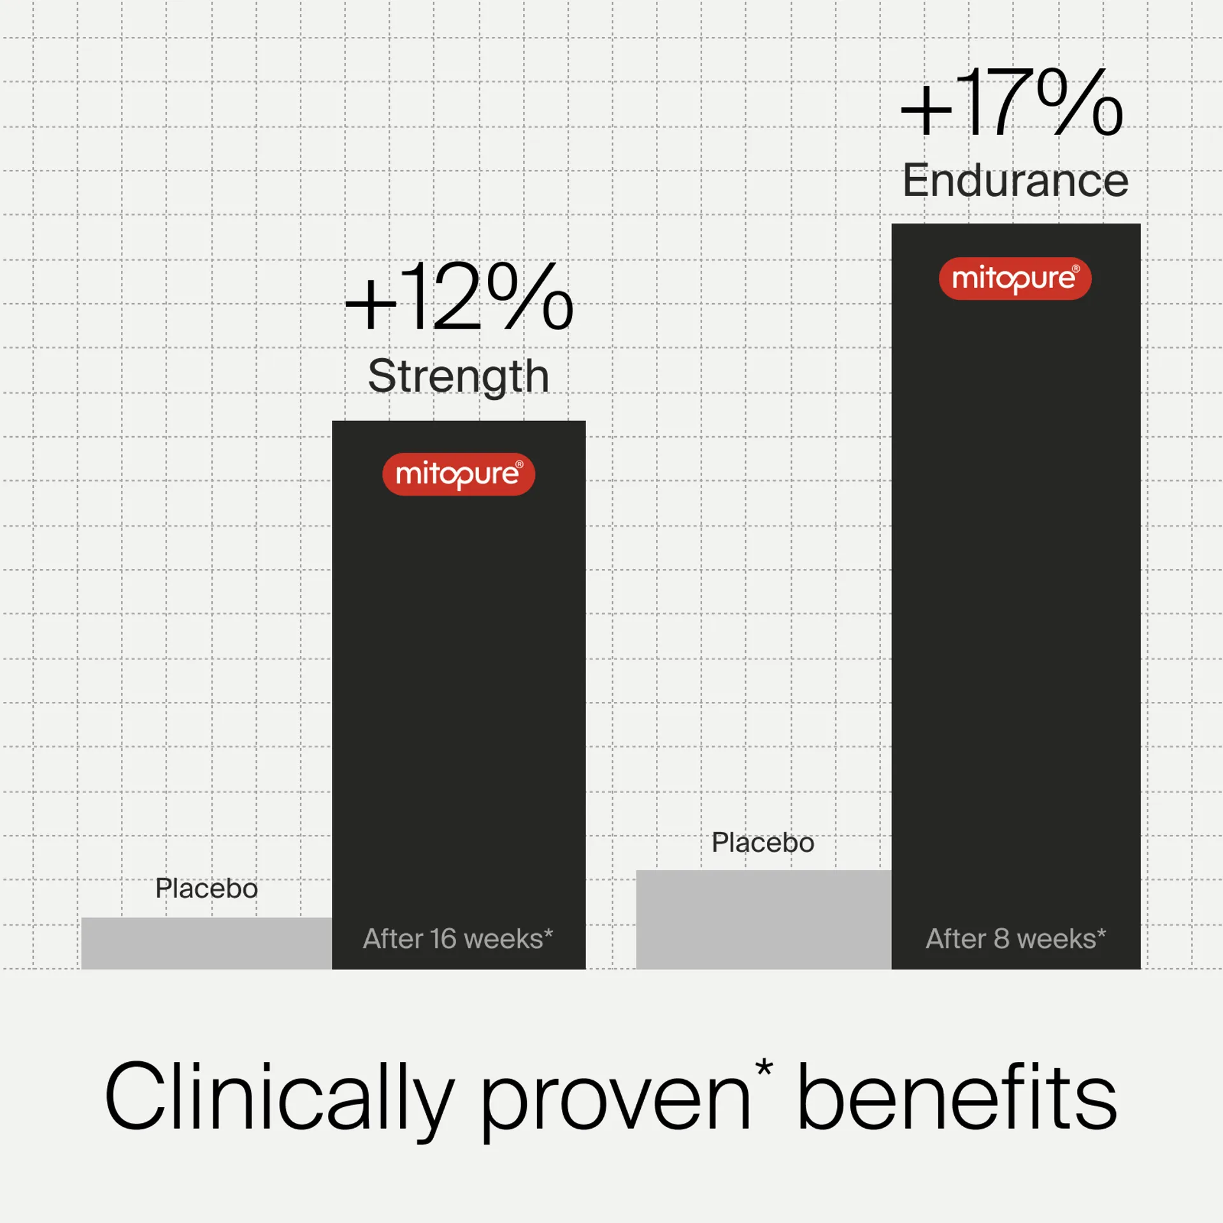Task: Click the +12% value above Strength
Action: coord(459,297)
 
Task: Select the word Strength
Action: coord(458,376)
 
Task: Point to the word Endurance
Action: coord(1015,181)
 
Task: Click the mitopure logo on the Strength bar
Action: coord(458,474)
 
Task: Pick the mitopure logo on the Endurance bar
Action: coord(1015,278)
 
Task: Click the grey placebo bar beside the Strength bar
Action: coord(206,943)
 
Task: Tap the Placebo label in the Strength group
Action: coord(206,889)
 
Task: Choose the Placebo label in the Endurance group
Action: coord(762,843)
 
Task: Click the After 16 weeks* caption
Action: coord(458,939)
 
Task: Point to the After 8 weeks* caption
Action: coord(1015,939)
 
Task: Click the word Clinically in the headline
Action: coord(279,1097)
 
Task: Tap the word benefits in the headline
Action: coord(957,1097)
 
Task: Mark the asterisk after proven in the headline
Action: coord(764,1067)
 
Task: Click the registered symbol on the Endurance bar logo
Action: coord(1076,269)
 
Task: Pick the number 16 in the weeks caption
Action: coord(443,939)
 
